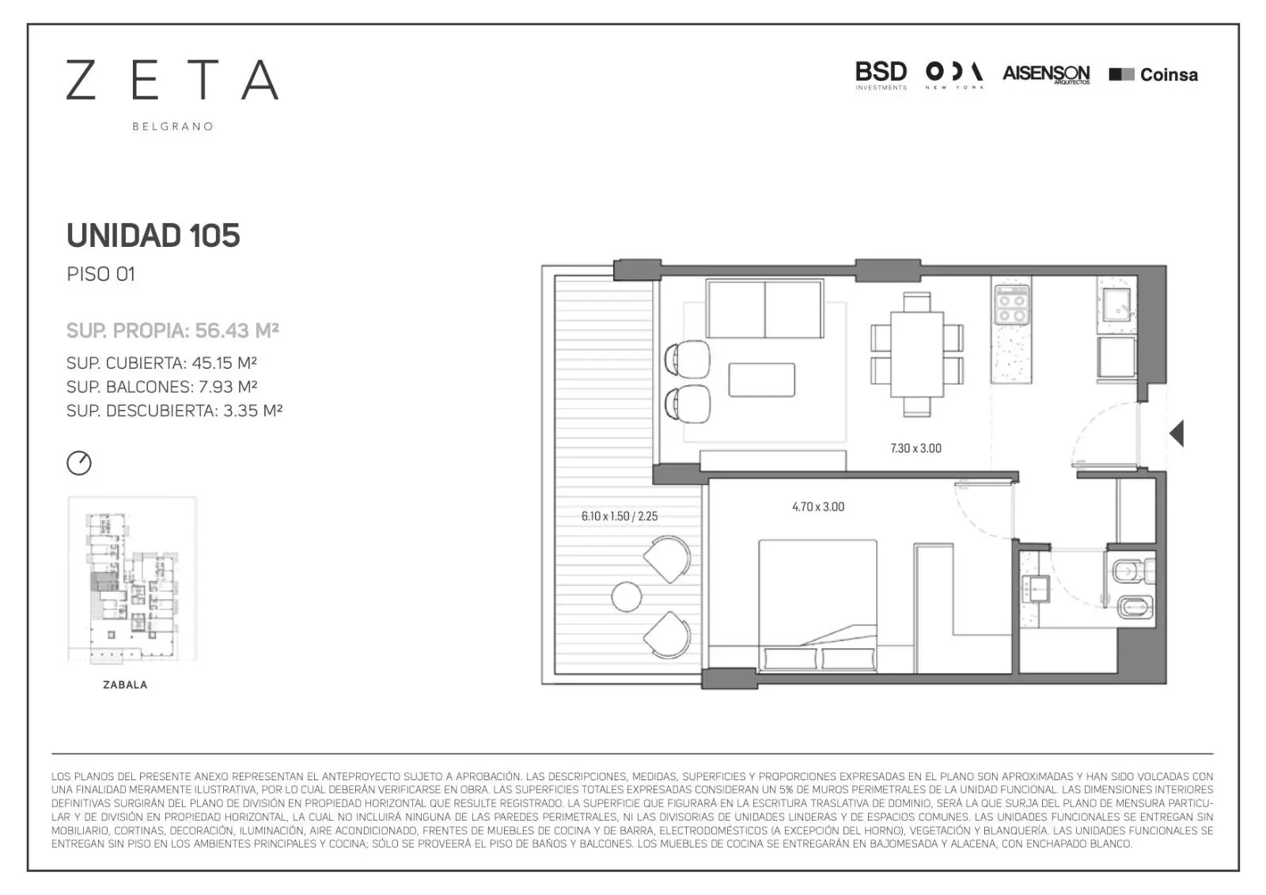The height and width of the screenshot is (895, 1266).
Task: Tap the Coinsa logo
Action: click(x=1153, y=74)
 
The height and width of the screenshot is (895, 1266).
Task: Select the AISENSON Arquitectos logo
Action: click(x=1046, y=74)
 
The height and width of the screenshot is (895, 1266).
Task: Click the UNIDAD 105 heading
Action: click(x=154, y=235)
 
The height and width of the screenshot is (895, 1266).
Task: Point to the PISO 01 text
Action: click(x=101, y=275)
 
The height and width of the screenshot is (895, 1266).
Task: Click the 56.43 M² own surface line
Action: click(x=172, y=330)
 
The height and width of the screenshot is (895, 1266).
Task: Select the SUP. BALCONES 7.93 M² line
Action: click(x=161, y=387)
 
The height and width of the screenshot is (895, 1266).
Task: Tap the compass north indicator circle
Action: click(x=78, y=463)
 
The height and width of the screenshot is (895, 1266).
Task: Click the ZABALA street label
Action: click(x=125, y=685)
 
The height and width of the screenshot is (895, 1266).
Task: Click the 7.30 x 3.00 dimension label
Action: click(x=915, y=449)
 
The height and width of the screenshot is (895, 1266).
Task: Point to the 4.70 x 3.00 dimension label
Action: click(x=818, y=506)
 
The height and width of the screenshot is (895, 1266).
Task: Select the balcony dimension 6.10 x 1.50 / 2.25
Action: click(x=620, y=516)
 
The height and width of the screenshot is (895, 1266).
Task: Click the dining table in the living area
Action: click(x=917, y=355)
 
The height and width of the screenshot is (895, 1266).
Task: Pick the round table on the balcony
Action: click(x=626, y=597)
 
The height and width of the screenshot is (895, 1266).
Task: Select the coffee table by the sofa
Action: click(x=761, y=380)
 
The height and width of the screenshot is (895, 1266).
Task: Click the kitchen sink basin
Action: click(x=1116, y=305)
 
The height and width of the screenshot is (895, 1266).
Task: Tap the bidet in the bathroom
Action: click(x=1135, y=608)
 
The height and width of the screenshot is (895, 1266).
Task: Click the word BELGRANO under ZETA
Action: click(x=172, y=127)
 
